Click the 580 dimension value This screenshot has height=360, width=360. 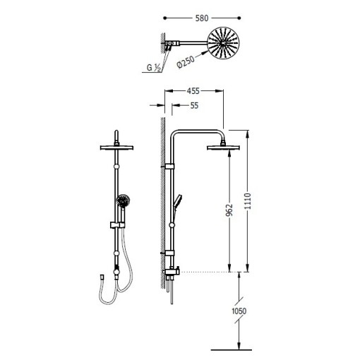pos(202,18)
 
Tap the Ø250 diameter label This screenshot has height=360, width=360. pos(186,61)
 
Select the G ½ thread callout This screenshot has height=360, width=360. pos(154,68)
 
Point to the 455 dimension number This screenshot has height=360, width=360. pos(193,91)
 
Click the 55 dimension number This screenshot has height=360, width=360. pos(194,106)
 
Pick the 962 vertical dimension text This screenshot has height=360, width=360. pos(229,210)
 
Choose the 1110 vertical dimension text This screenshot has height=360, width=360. pos(248,201)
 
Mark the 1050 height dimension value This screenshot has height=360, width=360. pos(239,311)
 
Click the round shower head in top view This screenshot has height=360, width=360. pos(223,43)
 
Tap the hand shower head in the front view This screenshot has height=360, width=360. pos(123,201)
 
